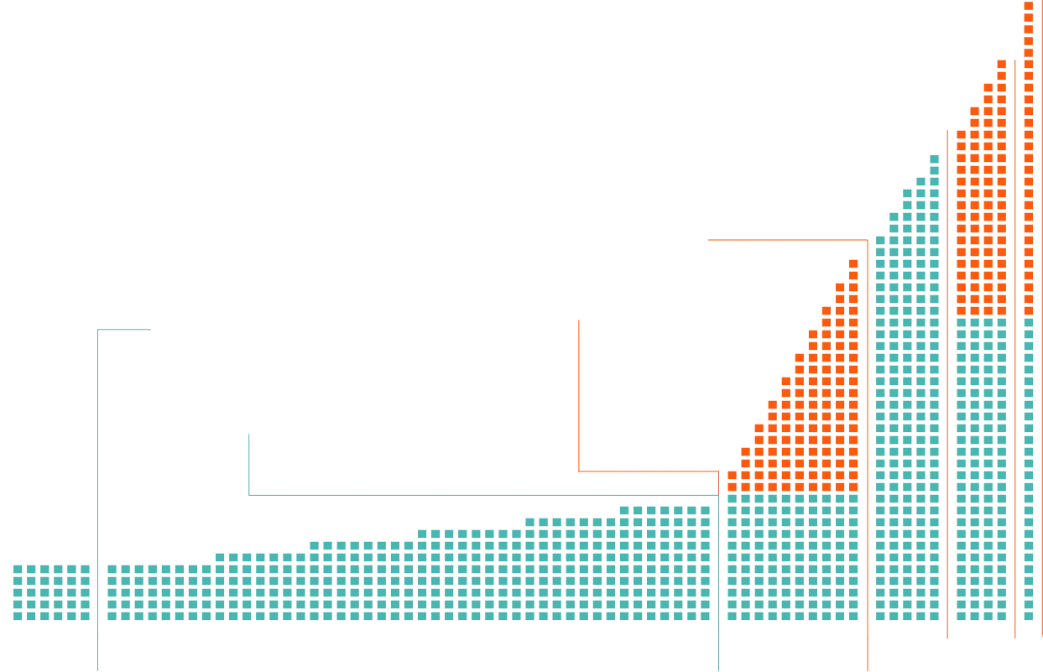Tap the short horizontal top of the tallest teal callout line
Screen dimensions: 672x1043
coord(126,332)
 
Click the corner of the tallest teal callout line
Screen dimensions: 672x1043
coord(98,333)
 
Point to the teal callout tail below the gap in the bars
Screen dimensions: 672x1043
coord(98,654)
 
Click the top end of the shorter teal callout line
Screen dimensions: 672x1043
coord(252,433)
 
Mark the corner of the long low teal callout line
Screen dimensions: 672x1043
coord(252,493)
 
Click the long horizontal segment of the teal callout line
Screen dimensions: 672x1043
coord(487,493)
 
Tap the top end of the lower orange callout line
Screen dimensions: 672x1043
coord(580,319)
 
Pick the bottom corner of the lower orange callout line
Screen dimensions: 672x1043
coord(580,471)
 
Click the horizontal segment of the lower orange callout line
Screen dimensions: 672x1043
coord(650,471)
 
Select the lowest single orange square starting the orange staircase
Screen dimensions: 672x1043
coord(731,481)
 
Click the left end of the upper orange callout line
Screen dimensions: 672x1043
coord(708,239)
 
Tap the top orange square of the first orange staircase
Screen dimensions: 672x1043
coord(853,262)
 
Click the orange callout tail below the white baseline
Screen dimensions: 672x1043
coord(868,656)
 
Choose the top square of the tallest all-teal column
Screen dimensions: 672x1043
coord(933,160)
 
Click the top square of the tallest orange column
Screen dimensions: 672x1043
coord(1027,5)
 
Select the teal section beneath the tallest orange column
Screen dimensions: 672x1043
coord(1027,470)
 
